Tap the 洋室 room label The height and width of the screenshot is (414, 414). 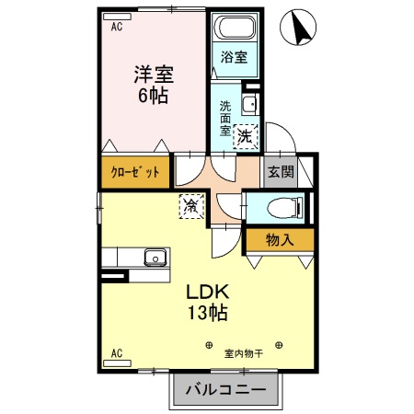point(153,74)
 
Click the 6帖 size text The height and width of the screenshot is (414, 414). point(153,96)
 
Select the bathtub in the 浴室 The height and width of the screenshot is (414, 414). point(234,28)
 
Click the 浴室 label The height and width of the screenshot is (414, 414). point(234,57)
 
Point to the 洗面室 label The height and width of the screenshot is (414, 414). point(225,117)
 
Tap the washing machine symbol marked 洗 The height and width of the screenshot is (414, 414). point(245,135)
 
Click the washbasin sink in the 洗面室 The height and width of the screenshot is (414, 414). point(248,103)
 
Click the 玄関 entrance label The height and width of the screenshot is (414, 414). point(281,172)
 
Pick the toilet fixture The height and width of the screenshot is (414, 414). point(275,206)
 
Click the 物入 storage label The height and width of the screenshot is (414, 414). point(279,241)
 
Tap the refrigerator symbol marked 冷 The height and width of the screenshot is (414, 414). point(190,207)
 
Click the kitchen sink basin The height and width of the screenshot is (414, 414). point(155,257)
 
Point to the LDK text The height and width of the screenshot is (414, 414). point(207,292)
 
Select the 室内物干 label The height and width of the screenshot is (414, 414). point(244,351)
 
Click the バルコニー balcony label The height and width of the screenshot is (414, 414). point(224,391)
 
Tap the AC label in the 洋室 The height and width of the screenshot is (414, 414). point(117,28)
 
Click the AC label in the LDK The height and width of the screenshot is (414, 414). point(117,352)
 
